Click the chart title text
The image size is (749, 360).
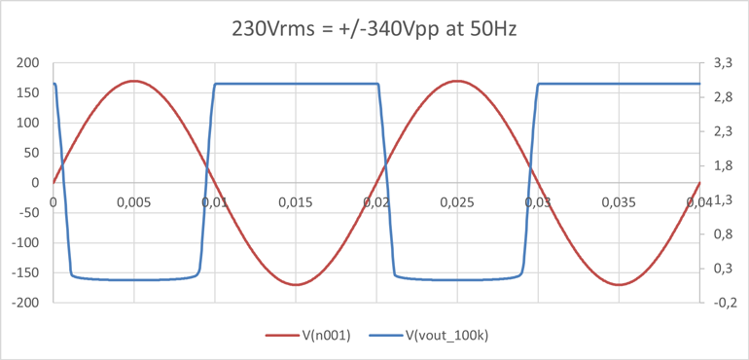[x=374, y=28]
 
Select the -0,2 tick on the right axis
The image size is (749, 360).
[x=721, y=303]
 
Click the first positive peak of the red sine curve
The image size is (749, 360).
[x=134, y=81]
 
